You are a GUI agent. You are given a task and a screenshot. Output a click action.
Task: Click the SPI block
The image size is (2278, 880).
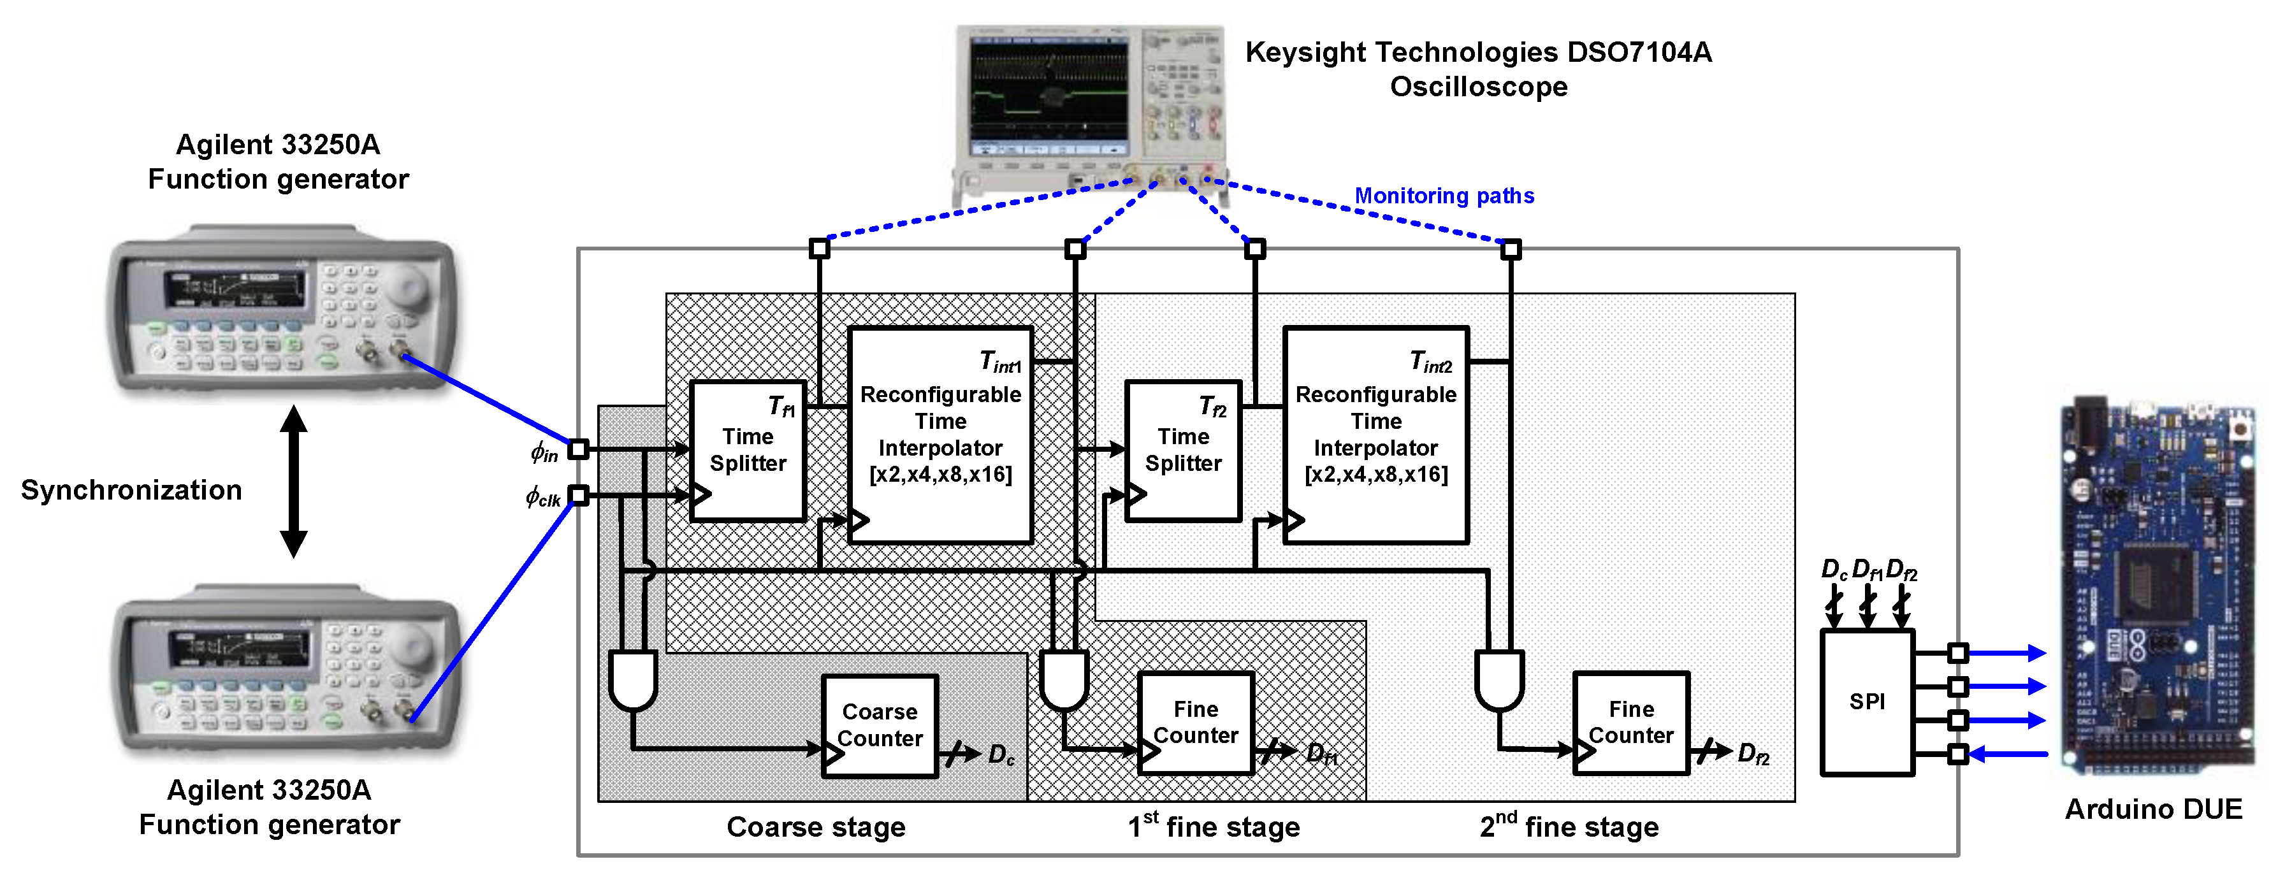click(x=1867, y=702)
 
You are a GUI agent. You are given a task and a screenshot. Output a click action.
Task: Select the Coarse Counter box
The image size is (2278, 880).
click(x=879, y=726)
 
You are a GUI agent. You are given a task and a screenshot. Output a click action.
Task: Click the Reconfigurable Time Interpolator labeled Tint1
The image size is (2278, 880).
click(x=940, y=434)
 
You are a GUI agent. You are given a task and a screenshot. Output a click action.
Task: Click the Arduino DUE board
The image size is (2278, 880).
click(x=2158, y=584)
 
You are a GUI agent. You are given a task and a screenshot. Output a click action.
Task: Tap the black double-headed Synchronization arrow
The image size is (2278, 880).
click(x=294, y=481)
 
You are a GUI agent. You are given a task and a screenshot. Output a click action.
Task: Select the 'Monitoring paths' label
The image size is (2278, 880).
click(x=1444, y=196)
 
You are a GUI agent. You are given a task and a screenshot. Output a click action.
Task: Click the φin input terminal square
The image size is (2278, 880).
click(x=578, y=449)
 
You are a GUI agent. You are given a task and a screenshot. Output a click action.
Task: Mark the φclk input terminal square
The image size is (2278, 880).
click(x=578, y=495)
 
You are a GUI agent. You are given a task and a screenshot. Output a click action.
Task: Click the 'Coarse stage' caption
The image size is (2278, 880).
click(x=815, y=827)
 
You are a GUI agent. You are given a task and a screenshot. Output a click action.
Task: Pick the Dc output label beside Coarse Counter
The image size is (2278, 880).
click(x=1001, y=754)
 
